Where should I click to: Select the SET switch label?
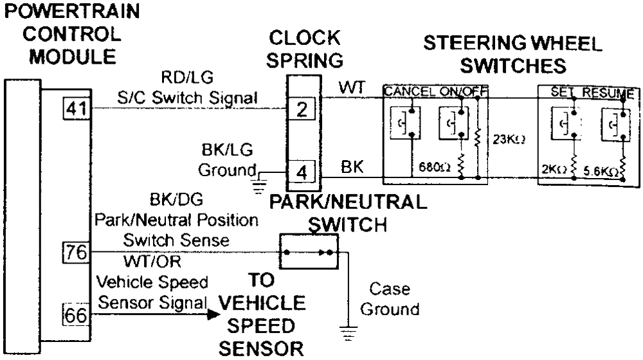561,93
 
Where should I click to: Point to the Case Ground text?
390,299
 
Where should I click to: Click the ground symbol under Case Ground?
347,332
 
